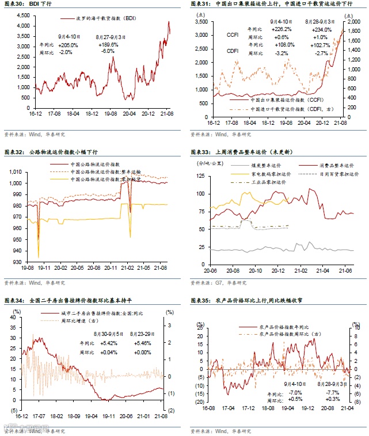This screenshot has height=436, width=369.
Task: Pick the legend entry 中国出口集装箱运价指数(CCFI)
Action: click(x=277, y=100)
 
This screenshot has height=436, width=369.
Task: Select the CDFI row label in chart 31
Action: click(x=233, y=51)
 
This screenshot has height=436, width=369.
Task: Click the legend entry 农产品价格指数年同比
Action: click(x=284, y=326)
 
